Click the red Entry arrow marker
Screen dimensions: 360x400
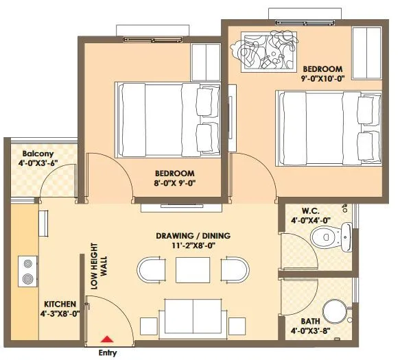106,338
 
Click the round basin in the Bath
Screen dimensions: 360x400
334,312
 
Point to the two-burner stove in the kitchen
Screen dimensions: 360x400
27,270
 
